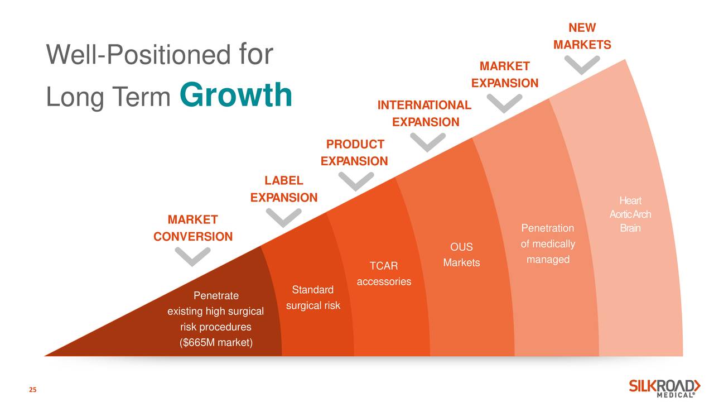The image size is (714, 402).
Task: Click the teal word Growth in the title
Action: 236,95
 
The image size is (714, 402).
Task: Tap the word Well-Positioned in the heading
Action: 138,54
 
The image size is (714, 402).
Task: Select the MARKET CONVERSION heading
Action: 193,228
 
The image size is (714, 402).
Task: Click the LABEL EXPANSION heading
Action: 284,189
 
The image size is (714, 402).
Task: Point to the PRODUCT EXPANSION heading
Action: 354,153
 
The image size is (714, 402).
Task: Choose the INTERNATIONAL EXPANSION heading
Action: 424,113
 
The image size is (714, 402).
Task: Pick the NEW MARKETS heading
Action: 582,36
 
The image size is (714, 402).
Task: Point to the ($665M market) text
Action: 216,343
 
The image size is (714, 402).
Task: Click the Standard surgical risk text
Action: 313,298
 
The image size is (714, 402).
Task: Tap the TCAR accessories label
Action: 384,274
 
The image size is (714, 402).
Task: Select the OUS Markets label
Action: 461,255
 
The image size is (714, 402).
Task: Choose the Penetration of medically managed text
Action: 548,244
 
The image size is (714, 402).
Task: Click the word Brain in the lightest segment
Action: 630,228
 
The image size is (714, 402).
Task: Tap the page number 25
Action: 33,390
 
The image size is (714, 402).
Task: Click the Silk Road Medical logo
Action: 664,388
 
